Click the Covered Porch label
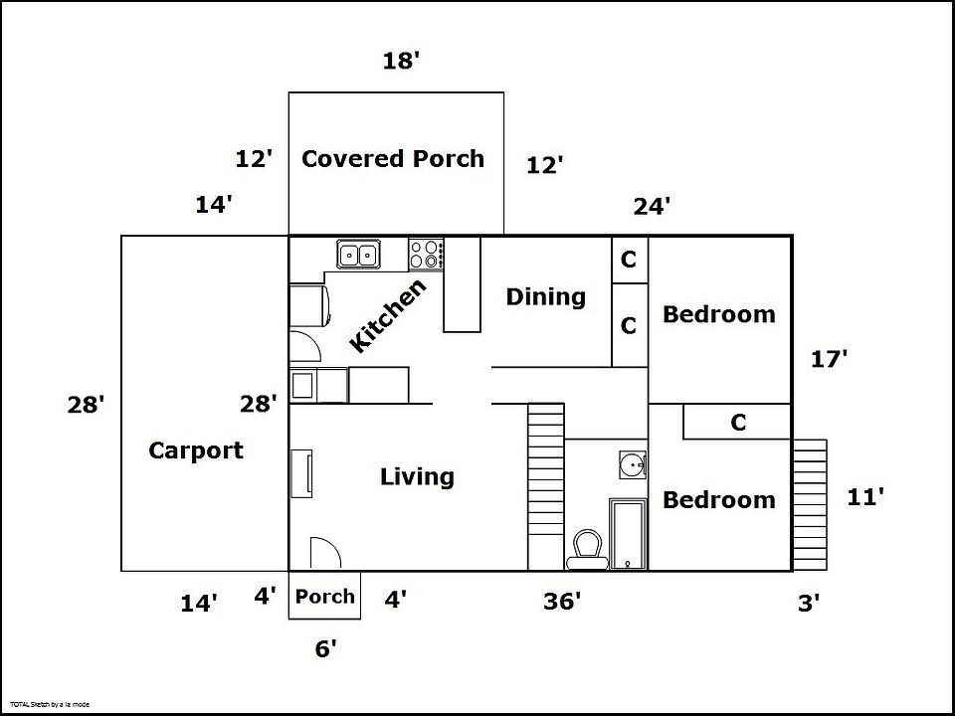393,158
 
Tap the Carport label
196,450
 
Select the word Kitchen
388,315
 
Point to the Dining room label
546,297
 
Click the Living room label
417,476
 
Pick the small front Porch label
324,596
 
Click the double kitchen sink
359,254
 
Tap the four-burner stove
426,255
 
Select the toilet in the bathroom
588,549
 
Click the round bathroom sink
633,465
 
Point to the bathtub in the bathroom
628,534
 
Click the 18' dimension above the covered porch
401,61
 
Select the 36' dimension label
562,602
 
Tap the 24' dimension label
652,207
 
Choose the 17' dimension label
829,359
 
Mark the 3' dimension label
809,604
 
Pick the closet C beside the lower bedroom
738,422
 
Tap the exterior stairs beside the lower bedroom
810,505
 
